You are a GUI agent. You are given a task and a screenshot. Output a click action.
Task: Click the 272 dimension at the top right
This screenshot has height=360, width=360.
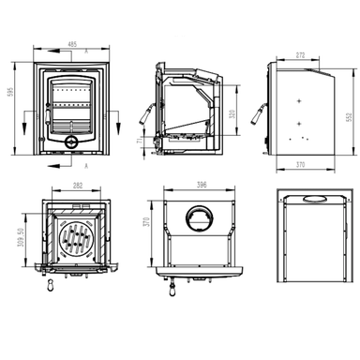[300, 56]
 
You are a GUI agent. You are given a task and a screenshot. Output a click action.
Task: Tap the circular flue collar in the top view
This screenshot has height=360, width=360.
[196, 219]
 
